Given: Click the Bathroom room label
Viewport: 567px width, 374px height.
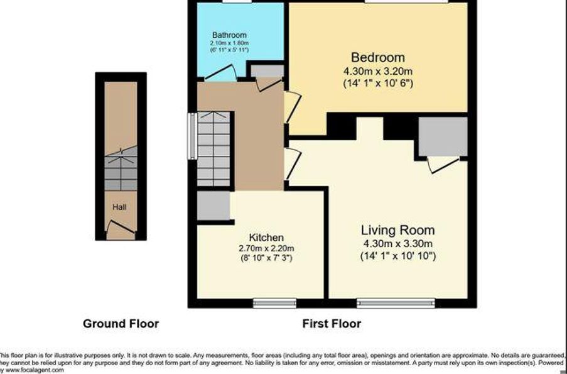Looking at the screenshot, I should [x=229, y=35].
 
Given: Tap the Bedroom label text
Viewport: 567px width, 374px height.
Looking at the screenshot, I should [x=377, y=58].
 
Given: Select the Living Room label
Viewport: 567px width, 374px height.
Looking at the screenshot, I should [x=397, y=230].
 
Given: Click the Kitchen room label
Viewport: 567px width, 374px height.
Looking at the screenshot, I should [x=266, y=238].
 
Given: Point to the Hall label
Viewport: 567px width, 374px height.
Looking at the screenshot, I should [x=120, y=207].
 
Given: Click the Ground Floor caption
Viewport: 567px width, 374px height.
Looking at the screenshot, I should [x=121, y=324].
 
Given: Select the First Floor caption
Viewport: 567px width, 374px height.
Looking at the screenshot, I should [x=332, y=324].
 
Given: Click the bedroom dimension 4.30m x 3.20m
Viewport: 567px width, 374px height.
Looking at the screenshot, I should [x=378, y=70].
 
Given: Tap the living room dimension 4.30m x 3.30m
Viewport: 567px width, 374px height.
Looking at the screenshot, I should [x=397, y=243].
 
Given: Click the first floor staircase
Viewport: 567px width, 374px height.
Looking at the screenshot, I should [x=213, y=149].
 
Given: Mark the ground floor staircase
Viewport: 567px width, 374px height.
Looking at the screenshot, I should [x=121, y=170].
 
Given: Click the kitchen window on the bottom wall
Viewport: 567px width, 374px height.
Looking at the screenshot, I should [x=274, y=304].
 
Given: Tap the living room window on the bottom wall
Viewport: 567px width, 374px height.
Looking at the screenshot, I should [x=396, y=304].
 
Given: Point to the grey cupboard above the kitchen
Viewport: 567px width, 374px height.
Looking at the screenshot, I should [x=213, y=206].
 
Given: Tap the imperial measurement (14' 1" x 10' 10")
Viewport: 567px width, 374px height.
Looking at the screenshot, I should [x=397, y=256].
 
